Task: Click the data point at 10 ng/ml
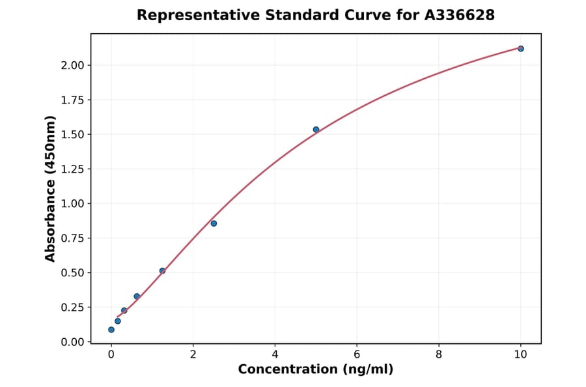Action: click(520, 49)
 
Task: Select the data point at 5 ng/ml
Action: click(316, 130)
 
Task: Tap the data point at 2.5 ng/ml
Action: click(214, 223)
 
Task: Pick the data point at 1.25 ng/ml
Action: click(162, 270)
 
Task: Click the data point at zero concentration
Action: click(111, 330)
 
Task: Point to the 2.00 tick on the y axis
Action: click(73, 65)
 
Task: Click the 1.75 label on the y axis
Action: click(73, 100)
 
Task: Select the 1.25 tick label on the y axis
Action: click(73, 169)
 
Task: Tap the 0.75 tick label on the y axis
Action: click(73, 238)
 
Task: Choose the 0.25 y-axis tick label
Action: click(73, 307)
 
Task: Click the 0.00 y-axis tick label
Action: click(73, 341)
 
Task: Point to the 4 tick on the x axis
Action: click(275, 354)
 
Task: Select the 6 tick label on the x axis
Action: click(357, 354)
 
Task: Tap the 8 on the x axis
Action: click(439, 354)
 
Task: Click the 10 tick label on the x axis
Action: click(520, 354)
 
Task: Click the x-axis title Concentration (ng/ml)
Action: click(316, 370)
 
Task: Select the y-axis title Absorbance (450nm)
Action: click(51, 188)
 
